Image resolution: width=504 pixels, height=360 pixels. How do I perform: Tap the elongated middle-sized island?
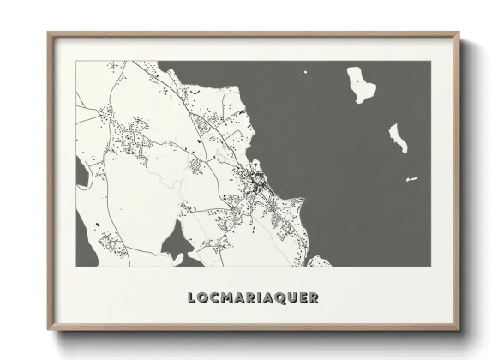tap(399, 137)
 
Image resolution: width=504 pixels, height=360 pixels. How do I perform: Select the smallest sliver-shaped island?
tap(412, 179)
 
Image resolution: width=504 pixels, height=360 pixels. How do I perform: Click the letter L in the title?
tap(192, 298)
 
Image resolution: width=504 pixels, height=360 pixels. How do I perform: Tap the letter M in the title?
tap(225, 298)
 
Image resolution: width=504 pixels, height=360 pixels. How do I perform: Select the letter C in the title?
tap(213, 298)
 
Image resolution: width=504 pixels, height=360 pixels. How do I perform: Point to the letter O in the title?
tap(202, 298)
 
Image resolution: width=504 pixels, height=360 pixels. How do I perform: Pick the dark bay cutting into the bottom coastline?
tap(175, 244)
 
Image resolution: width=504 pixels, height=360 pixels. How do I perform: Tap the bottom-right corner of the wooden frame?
tap(459, 330)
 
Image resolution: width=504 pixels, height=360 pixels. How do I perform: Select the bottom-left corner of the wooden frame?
tap(49, 330)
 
